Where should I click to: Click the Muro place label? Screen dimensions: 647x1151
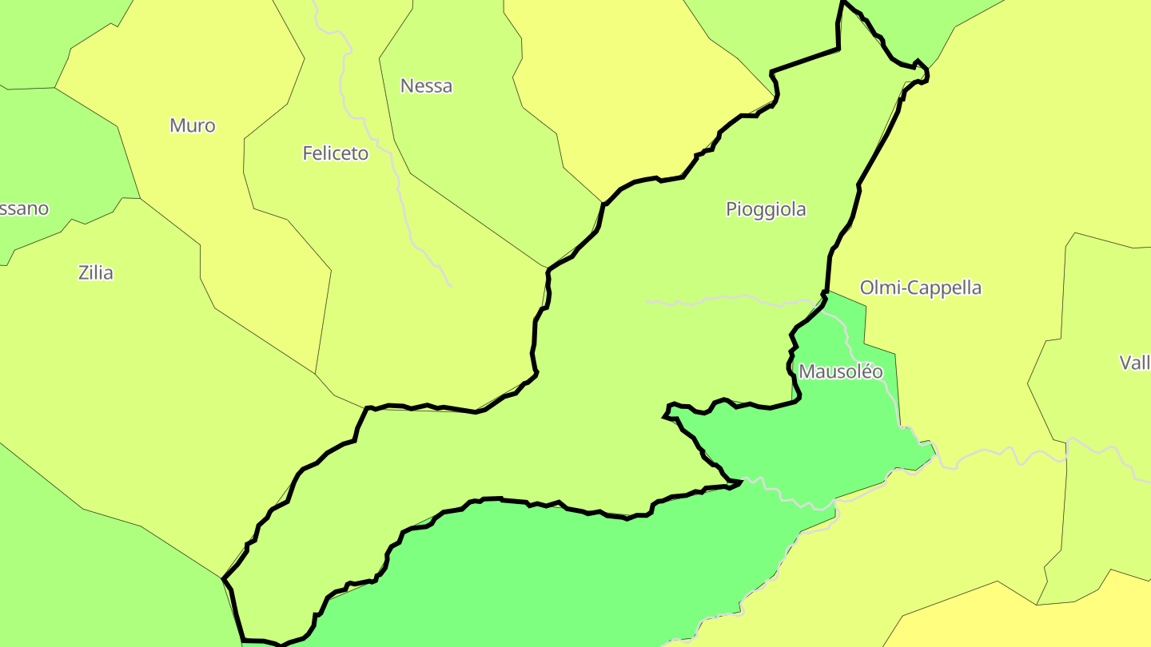tap(193, 125)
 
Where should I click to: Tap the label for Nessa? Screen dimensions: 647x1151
tap(426, 85)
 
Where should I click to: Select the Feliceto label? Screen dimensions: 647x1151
tap(336, 153)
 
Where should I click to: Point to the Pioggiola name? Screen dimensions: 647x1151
tap(766, 209)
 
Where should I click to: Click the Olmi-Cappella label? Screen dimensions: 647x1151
tap(920, 288)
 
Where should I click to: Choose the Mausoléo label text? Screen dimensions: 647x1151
tap(841, 371)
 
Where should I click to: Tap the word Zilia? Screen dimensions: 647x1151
tap(96, 273)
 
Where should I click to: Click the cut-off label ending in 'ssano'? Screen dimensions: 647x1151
tap(24, 208)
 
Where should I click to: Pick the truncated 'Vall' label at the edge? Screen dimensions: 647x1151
tap(1135, 363)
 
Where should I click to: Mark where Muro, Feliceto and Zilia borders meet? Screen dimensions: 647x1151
tap(316, 374)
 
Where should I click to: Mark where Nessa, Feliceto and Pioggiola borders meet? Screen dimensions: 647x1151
tap(548, 268)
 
